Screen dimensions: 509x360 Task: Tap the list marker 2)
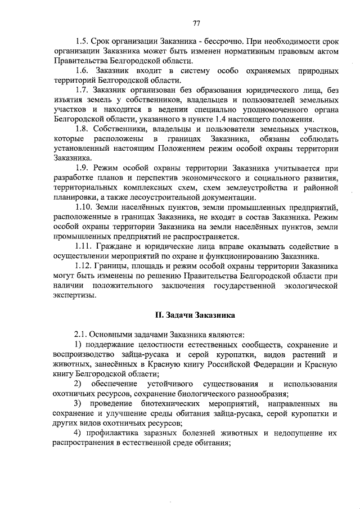[x=79, y=384]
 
